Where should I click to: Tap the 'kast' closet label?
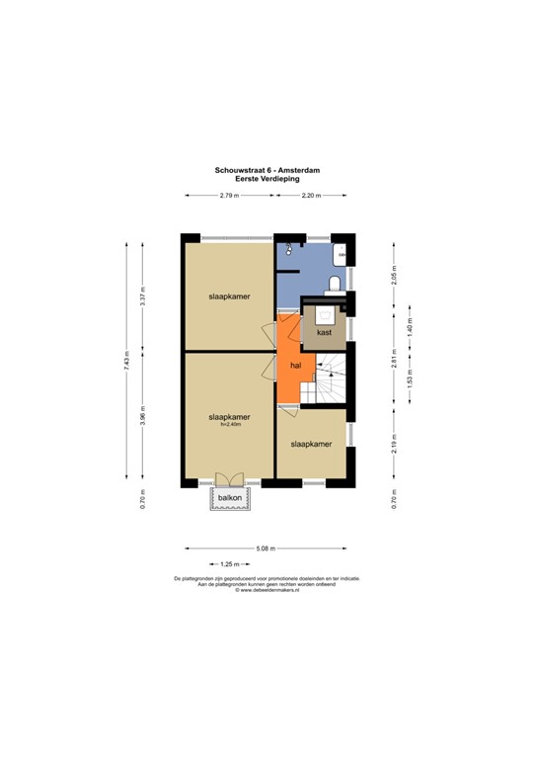pos(324,333)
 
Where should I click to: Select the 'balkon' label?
pos(230,498)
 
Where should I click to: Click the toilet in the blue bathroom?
pos(334,285)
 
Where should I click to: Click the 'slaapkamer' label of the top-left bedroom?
pos(227,295)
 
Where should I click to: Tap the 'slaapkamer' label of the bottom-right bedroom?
pos(310,445)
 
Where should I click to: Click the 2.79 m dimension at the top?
pos(230,198)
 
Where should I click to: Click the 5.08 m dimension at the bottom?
pos(266,548)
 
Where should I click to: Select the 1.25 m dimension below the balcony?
pos(230,563)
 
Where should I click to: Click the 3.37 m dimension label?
pos(143,295)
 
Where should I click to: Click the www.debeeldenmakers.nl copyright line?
pos(267,590)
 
